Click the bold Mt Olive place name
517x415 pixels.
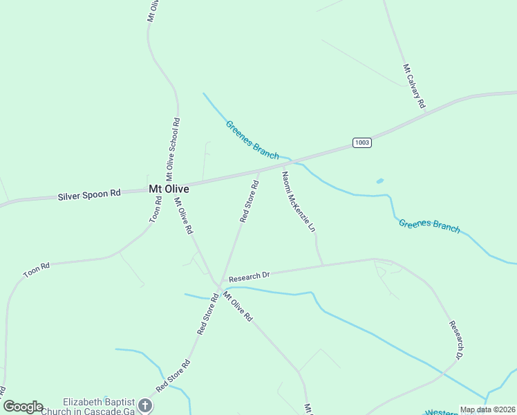pyautogui.click(x=169, y=189)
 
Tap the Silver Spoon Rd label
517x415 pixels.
pyautogui.click(x=89, y=195)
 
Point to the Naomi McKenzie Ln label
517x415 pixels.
pyautogui.click(x=299, y=201)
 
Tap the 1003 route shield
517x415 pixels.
pyautogui.click(x=361, y=142)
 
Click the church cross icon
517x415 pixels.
pyautogui.click(x=144, y=405)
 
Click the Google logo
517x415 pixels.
pyautogui.click(x=23, y=407)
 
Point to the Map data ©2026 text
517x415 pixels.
pyautogui.click(x=487, y=409)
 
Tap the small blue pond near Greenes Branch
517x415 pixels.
pyautogui.click(x=379, y=181)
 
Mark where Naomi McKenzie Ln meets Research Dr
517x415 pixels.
pyautogui.click(x=323, y=265)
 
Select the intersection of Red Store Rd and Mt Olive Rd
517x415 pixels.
pyautogui.click(x=219, y=286)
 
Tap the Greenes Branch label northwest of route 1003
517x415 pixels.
pyautogui.click(x=252, y=139)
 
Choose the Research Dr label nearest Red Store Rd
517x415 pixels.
pyautogui.click(x=249, y=275)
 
